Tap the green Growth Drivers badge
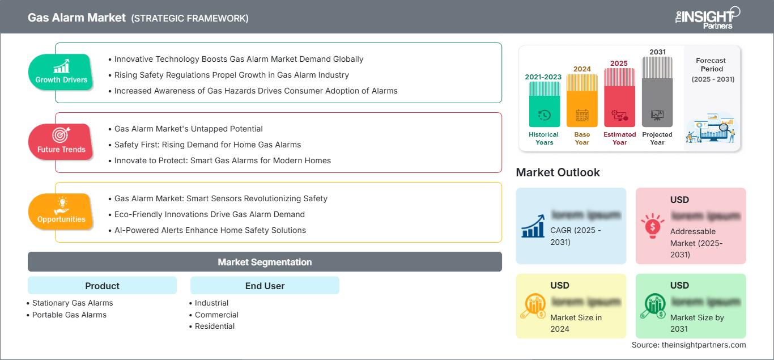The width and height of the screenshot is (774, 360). [x=61, y=72]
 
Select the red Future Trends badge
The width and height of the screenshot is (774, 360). [x=61, y=142]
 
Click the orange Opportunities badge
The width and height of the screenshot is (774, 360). [x=61, y=211]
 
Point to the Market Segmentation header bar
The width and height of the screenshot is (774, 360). [x=265, y=262]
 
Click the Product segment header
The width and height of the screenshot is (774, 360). [x=102, y=286]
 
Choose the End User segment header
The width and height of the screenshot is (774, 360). [x=265, y=286]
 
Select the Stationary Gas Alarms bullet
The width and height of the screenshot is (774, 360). [x=73, y=303]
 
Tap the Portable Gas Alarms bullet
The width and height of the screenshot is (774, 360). [x=69, y=315]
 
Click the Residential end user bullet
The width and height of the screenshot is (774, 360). [x=215, y=326]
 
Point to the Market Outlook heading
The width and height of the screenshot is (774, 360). [x=558, y=172]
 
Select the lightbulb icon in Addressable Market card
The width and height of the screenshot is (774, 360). [x=653, y=226]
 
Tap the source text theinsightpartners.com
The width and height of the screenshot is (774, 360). [x=688, y=345]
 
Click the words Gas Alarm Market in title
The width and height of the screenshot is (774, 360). [x=76, y=18]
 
